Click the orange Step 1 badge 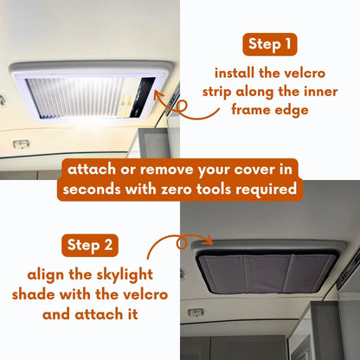coord(275,43)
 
